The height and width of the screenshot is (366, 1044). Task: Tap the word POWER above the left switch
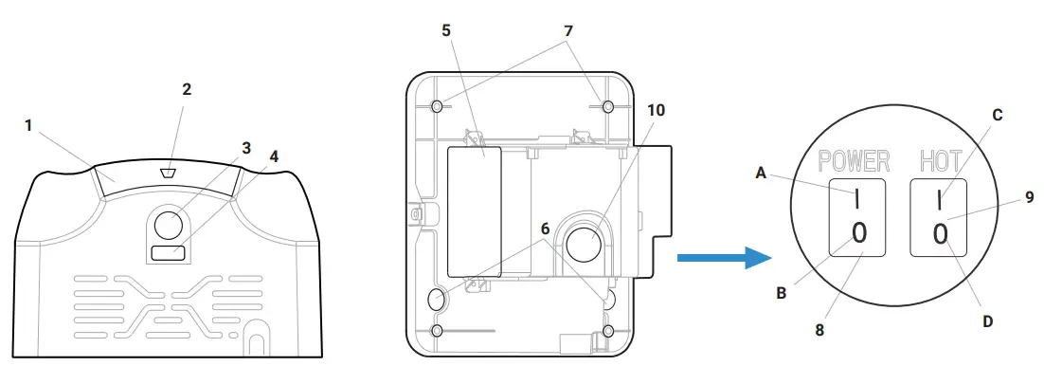[x=854, y=159]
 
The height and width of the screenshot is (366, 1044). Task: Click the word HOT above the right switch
[x=941, y=159]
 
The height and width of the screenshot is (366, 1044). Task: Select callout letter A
[x=762, y=174]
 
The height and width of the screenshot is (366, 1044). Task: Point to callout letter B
[x=783, y=293]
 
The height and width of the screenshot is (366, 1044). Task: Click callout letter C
[x=998, y=114]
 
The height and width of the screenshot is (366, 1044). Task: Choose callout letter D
[x=987, y=321]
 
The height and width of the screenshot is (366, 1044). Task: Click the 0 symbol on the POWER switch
[x=858, y=232]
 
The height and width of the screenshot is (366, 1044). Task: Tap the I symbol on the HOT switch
[x=940, y=201]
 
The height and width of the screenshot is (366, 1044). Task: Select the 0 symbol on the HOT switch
[x=940, y=232]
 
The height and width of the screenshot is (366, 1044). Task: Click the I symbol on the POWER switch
[x=858, y=201]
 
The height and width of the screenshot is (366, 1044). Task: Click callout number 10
[x=656, y=109]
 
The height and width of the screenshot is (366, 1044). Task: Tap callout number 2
[x=187, y=89]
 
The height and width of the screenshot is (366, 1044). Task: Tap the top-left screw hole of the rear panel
[x=437, y=105]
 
